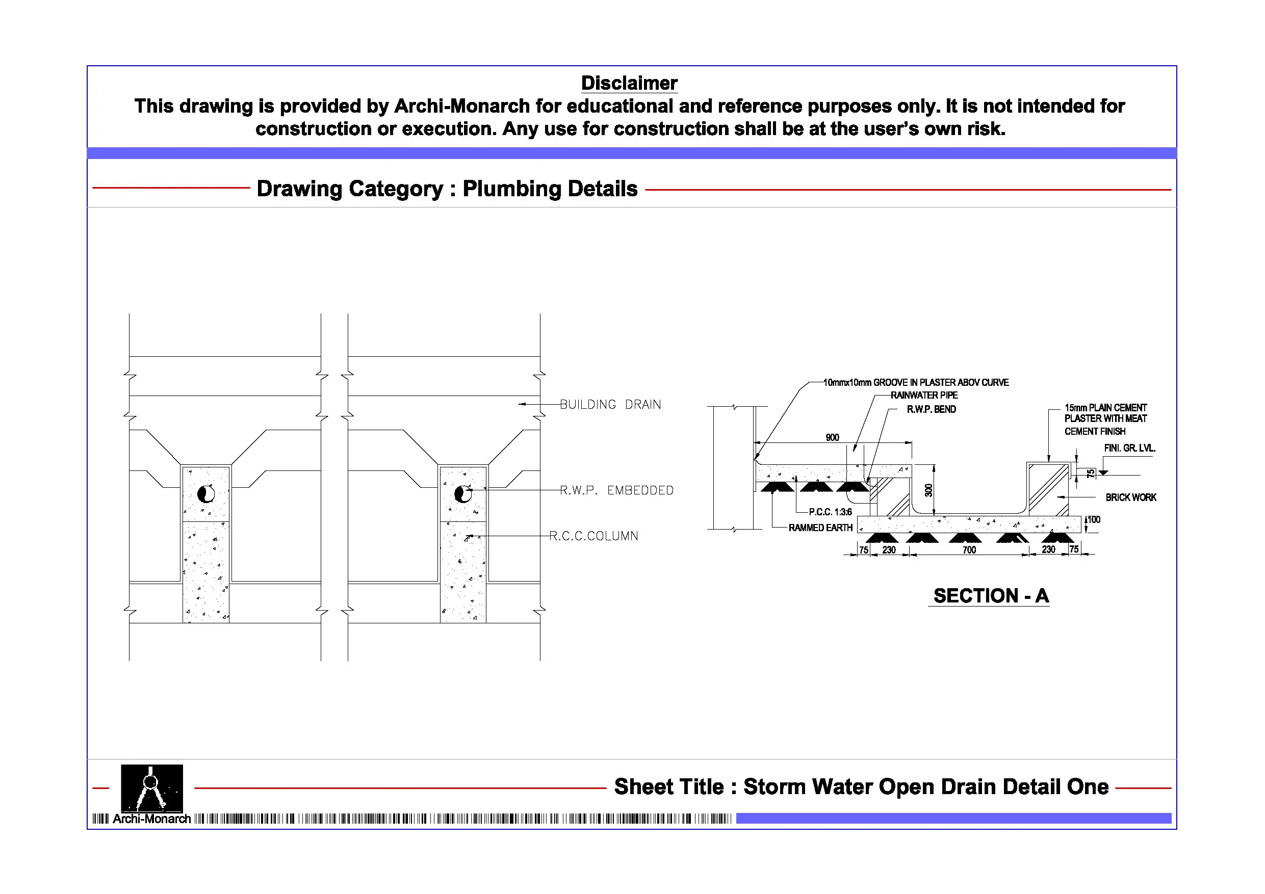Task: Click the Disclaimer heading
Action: [629, 83]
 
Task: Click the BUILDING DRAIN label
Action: [610, 404]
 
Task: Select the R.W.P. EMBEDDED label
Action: [616, 490]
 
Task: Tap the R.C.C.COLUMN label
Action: [593, 536]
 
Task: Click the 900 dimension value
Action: [832, 437]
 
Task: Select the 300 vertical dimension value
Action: [928, 490]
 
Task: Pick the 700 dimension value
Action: [969, 550]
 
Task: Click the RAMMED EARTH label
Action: [820, 528]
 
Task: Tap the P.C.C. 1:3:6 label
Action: [830, 512]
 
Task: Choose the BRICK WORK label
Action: [1130, 497]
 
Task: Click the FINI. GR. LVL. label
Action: [1129, 449]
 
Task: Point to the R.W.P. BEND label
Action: [931, 409]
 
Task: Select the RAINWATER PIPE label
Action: [924, 395]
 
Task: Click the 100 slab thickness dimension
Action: [1094, 519]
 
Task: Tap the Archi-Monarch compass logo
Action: [151, 787]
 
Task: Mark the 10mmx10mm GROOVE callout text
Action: [916, 382]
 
